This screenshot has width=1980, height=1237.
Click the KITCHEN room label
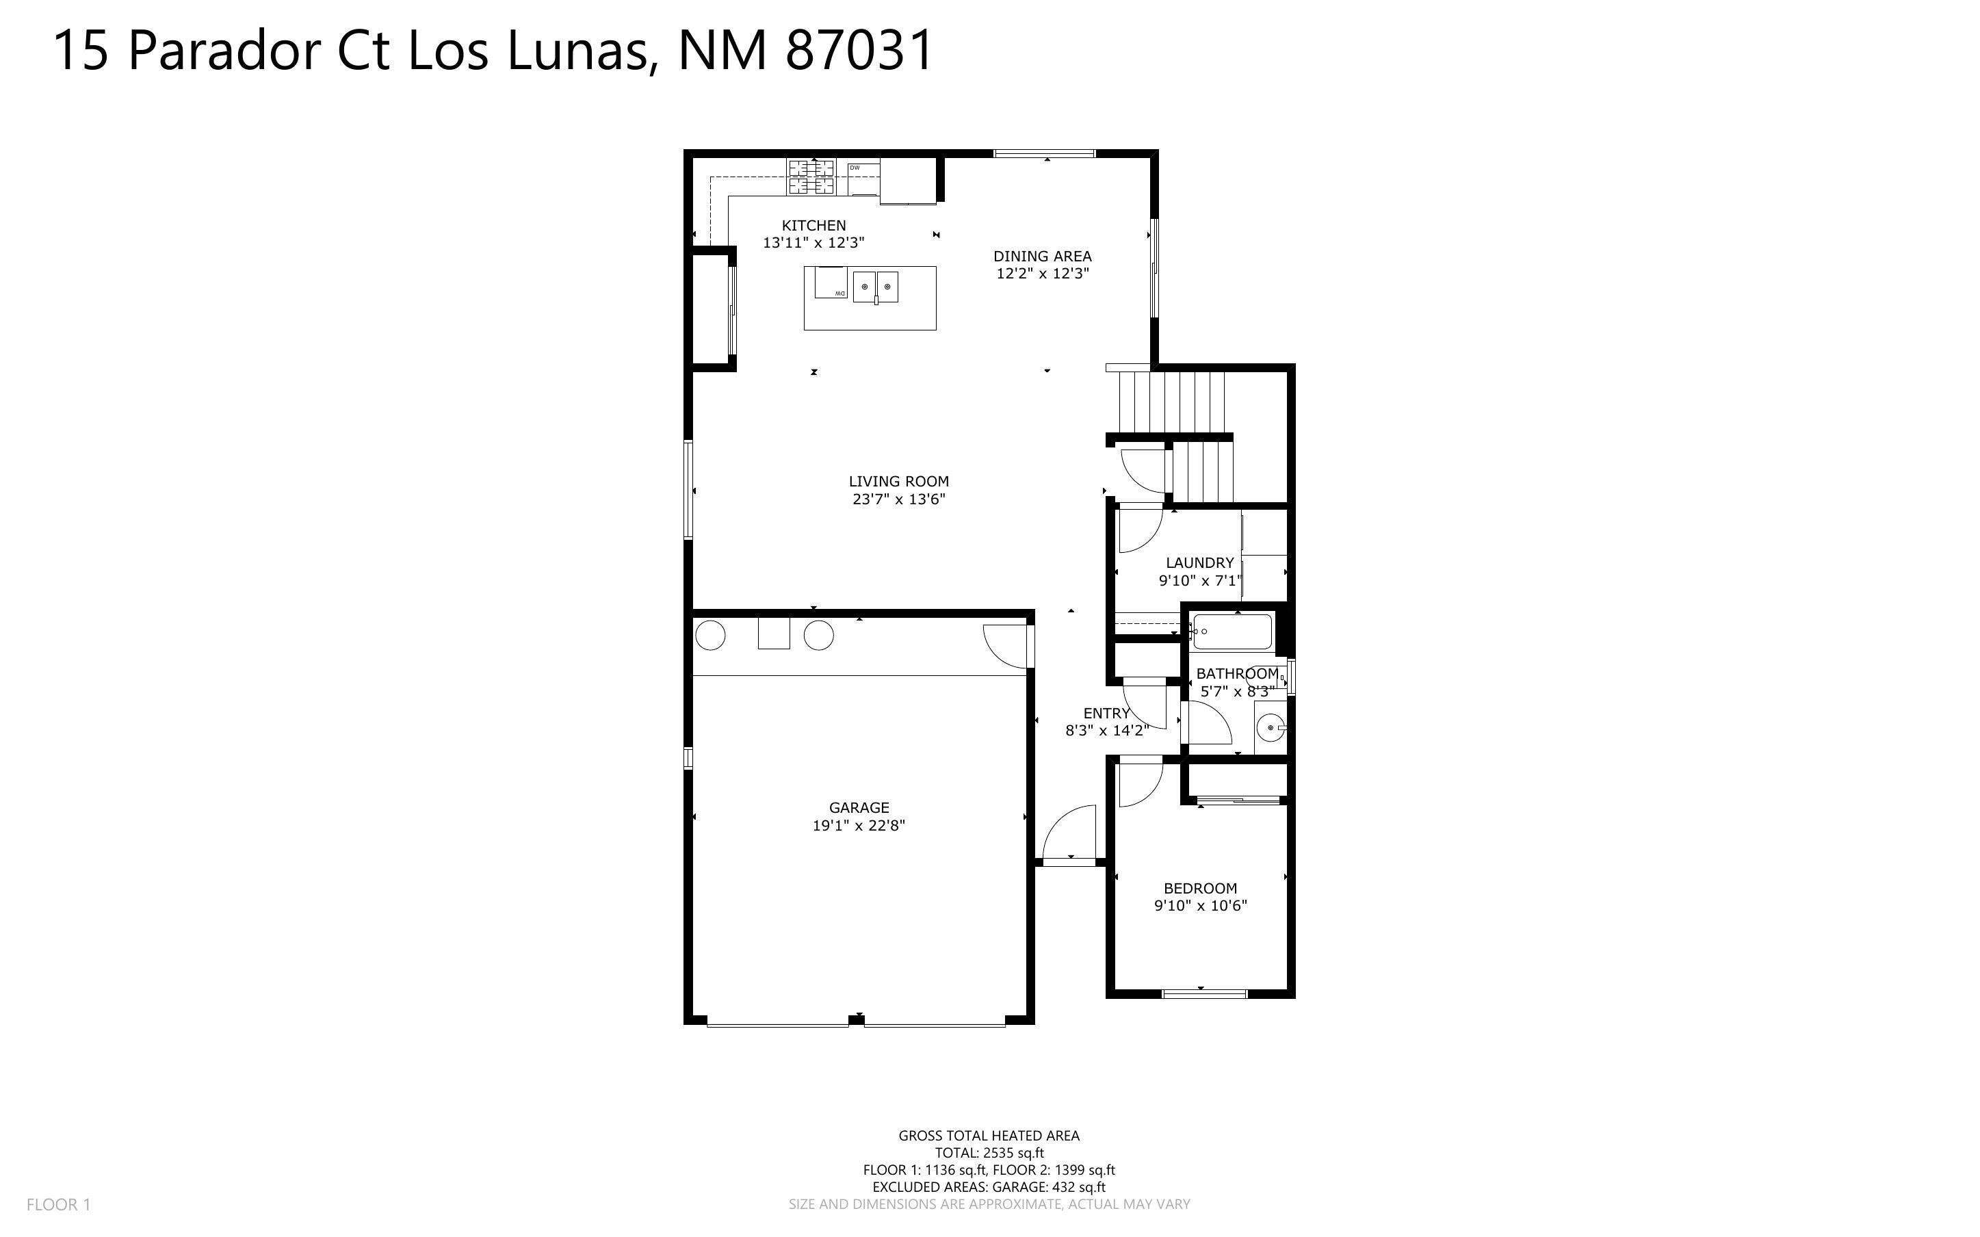[813, 226]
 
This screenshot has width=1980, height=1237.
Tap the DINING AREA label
[1042, 256]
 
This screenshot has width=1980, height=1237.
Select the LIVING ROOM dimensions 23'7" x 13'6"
[899, 499]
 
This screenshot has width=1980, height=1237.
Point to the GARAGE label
[858, 807]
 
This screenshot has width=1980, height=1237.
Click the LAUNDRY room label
[1199, 563]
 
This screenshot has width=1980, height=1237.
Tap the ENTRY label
[1106, 714]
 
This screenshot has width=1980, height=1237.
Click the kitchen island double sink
[876, 287]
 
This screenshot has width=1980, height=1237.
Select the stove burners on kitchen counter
[811, 177]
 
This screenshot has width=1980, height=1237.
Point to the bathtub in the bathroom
[1232, 631]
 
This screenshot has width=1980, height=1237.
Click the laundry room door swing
[1139, 531]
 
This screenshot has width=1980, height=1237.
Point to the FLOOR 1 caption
[59, 1204]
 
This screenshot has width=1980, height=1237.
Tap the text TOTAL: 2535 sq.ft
[989, 1153]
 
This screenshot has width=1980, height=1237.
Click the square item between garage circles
[774, 634]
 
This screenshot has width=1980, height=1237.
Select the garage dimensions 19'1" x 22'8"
[858, 826]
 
